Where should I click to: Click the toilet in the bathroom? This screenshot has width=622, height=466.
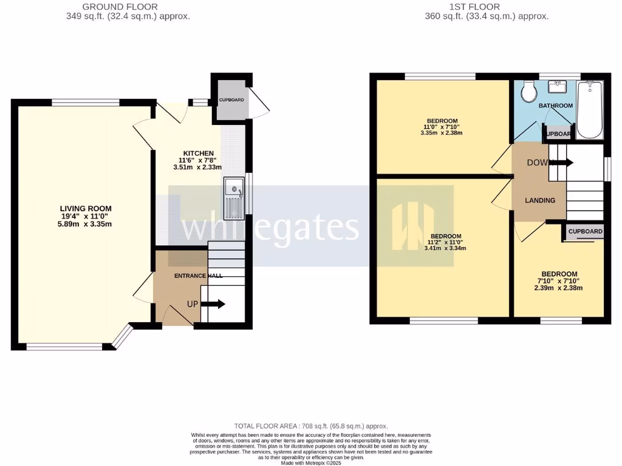(x=528, y=92)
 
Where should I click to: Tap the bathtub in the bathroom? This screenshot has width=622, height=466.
(x=589, y=109)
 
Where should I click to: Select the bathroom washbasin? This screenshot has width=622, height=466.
(x=558, y=87)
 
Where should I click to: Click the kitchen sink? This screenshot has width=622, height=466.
(x=233, y=197)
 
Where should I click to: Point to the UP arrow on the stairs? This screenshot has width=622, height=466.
(x=213, y=303)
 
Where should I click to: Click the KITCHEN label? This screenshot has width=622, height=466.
(x=199, y=153)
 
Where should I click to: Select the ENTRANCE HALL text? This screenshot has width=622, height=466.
(x=199, y=275)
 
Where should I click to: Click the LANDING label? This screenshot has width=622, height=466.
(x=540, y=200)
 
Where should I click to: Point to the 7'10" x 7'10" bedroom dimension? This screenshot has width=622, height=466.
(x=559, y=281)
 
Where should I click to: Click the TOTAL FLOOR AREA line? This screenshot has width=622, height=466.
(x=311, y=426)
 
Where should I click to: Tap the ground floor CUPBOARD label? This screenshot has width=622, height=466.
(x=231, y=100)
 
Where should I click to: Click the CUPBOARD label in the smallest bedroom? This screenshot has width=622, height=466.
(x=586, y=231)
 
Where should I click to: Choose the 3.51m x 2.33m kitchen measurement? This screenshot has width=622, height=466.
(x=199, y=167)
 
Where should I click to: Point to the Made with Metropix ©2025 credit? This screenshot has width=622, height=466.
(x=311, y=462)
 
